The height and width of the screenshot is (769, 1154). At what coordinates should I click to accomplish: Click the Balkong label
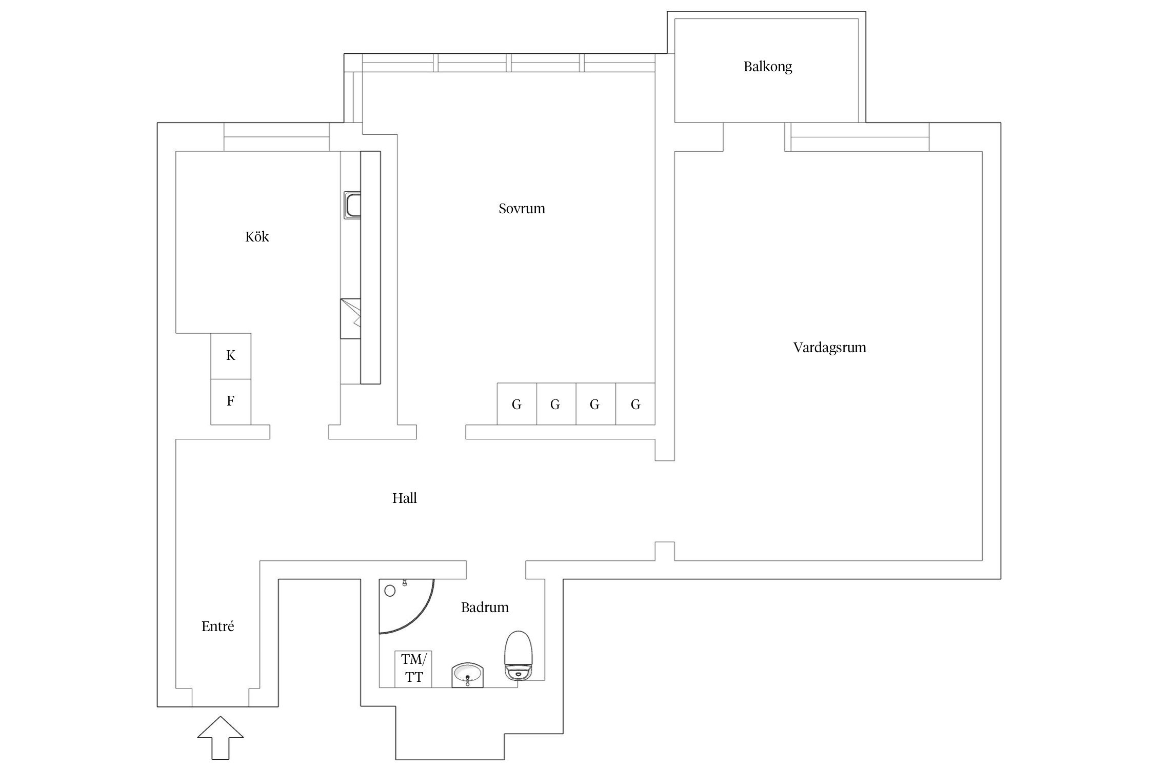(x=767, y=67)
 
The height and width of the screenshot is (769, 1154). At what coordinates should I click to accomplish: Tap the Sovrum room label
(x=522, y=209)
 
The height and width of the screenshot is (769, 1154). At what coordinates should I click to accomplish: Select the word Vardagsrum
(x=829, y=348)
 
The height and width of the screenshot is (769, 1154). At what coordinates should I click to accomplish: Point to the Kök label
(x=257, y=237)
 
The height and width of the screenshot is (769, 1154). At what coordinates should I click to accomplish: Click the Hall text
(x=404, y=498)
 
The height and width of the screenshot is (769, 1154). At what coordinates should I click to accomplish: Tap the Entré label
(x=217, y=626)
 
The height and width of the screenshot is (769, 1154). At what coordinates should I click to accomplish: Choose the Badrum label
(x=485, y=608)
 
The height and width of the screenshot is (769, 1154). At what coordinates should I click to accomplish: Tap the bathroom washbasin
(x=467, y=674)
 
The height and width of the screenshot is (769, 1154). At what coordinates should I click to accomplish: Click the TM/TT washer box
(x=413, y=669)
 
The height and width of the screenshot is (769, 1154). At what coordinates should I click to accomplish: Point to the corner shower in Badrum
(x=403, y=605)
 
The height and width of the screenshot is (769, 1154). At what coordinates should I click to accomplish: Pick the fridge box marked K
(x=231, y=356)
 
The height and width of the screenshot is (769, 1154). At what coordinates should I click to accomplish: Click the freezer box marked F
(x=231, y=401)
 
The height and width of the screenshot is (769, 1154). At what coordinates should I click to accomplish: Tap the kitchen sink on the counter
(x=352, y=205)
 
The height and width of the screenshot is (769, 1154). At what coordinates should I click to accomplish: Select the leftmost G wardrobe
(x=516, y=404)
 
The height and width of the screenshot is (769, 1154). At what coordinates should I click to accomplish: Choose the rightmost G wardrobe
(x=635, y=404)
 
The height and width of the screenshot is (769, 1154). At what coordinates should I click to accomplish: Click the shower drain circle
(x=390, y=591)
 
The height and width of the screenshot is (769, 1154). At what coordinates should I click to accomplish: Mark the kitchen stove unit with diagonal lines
(x=350, y=318)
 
